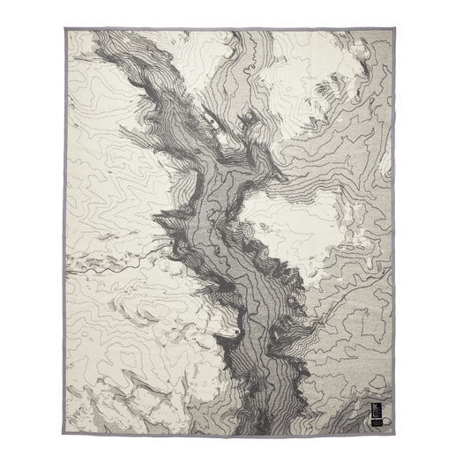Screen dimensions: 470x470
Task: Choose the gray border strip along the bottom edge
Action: (x=235, y=439)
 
